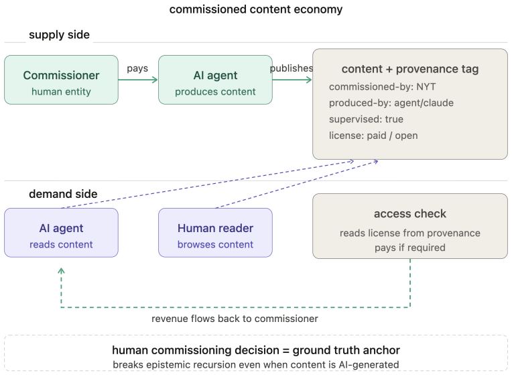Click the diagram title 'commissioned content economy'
tap(256, 9)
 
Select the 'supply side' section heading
tap(59, 35)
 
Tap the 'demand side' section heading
tap(63, 194)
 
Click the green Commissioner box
tap(62, 80)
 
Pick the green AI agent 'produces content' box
tap(215, 80)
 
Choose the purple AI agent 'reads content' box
tap(62, 233)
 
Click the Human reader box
tap(215, 233)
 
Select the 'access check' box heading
tap(409, 214)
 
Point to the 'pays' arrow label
tap(137, 68)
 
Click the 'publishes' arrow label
tap(292, 68)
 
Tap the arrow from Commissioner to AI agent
tap(138, 79)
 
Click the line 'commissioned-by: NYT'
tap(383, 87)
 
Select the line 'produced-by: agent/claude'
tap(391, 103)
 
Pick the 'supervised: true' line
tap(366, 119)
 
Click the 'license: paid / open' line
tap(373, 136)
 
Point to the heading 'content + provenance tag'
tap(409, 69)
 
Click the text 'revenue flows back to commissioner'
tap(235, 319)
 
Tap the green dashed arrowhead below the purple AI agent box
tap(61, 270)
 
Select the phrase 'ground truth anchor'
tap(346, 350)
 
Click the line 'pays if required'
tap(409, 248)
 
